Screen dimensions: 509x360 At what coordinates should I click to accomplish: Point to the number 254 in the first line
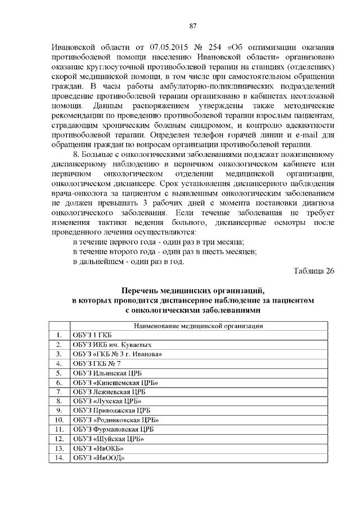pos(218,46)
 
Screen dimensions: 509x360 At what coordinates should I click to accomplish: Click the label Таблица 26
pos(314,272)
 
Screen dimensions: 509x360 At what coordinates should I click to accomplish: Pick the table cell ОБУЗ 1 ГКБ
pos(89,336)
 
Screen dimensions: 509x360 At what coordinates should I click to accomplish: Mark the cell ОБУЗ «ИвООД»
pos(98,457)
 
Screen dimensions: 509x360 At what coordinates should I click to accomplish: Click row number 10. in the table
pos(58,420)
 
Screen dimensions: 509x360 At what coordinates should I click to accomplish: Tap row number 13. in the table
pos(58,448)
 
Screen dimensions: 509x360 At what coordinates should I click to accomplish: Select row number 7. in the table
pos(58,392)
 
